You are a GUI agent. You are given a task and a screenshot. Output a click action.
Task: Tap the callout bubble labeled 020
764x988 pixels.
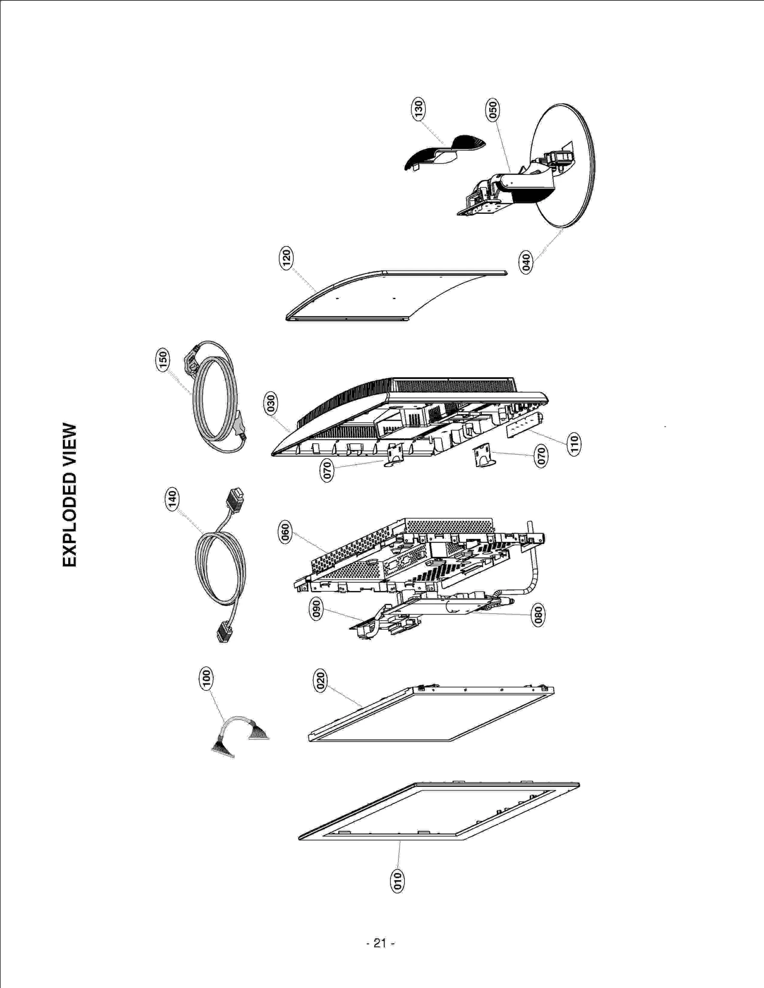click(x=320, y=680)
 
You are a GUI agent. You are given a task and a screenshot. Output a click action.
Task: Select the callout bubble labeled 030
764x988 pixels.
click(x=271, y=404)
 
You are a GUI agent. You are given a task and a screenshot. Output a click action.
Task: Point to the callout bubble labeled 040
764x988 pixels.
click(x=526, y=263)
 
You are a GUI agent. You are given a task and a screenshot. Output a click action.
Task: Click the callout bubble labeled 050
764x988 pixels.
click(x=493, y=110)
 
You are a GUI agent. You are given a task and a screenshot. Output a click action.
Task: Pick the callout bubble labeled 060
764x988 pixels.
click(x=285, y=533)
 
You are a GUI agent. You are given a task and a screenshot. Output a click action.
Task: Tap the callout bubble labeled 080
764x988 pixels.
click(x=538, y=615)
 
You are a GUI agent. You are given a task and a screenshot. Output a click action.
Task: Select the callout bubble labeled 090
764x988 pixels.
click(x=316, y=609)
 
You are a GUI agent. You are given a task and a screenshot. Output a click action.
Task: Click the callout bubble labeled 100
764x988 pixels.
click(x=206, y=678)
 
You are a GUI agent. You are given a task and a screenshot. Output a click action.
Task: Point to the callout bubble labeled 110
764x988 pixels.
click(x=574, y=444)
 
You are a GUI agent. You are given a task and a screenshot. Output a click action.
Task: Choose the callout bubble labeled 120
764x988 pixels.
click(x=286, y=258)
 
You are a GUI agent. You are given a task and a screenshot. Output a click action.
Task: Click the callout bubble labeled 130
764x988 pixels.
click(x=418, y=109)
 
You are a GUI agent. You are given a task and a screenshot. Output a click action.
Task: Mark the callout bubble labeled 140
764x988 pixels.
click(x=172, y=499)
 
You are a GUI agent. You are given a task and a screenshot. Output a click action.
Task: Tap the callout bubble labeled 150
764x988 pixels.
click(x=163, y=360)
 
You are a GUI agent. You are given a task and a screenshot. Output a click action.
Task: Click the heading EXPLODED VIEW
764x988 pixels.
click(x=70, y=495)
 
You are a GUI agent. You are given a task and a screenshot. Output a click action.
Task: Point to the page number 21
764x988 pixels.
click(x=380, y=943)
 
